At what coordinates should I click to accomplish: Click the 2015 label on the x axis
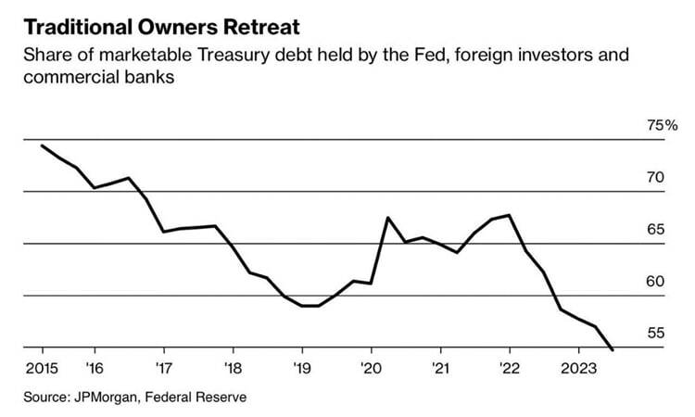(44, 366)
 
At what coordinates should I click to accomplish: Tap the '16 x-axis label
(95, 366)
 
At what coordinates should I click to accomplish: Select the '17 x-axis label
(163, 366)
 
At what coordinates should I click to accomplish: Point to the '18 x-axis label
(233, 366)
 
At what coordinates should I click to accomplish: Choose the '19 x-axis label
(301, 366)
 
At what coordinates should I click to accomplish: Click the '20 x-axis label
(371, 366)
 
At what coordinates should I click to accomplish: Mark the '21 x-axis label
(440, 366)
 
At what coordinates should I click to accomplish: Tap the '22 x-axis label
(509, 366)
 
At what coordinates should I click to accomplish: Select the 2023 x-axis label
(578, 366)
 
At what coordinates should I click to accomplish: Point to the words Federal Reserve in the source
(201, 397)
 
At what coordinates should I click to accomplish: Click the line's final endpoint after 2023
(613, 349)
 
